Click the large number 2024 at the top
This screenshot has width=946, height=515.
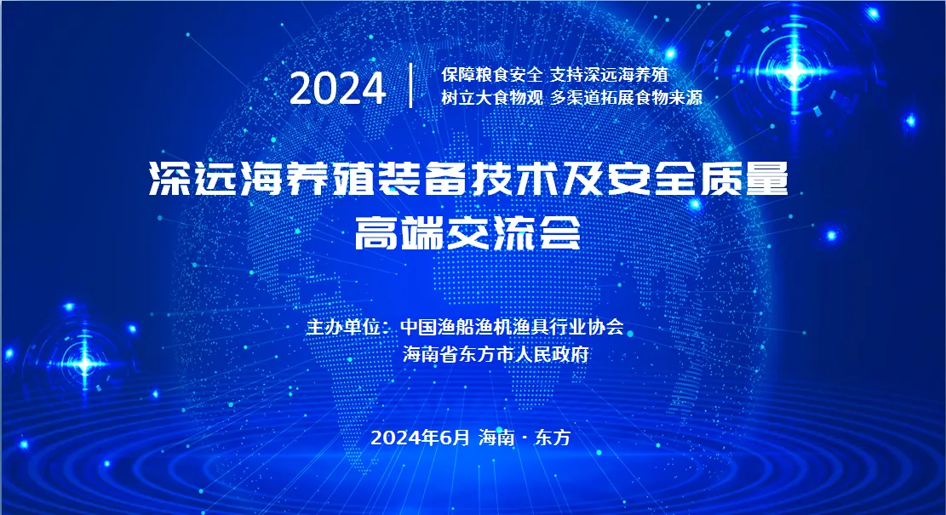[338, 88]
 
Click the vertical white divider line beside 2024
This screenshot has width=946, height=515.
[411, 85]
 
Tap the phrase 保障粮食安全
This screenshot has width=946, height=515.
[492, 75]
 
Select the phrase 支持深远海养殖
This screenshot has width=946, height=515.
[610, 75]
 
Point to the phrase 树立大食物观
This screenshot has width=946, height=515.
[492, 97]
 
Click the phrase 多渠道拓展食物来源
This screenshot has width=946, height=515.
[626, 97]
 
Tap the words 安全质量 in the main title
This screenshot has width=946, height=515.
[697, 179]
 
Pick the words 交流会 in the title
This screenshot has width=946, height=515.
[513, 232]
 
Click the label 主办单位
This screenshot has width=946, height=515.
[344, 327]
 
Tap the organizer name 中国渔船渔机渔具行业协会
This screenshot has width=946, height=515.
[513, 327]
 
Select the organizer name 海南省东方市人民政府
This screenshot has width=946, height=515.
[496, 354]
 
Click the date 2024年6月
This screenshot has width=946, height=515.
[420, 438]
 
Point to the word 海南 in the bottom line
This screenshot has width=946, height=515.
[496, 438]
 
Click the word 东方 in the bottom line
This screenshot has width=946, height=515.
[553, 438]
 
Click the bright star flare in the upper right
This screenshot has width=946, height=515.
[794, 72]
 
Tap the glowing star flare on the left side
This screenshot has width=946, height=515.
[84, 363]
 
